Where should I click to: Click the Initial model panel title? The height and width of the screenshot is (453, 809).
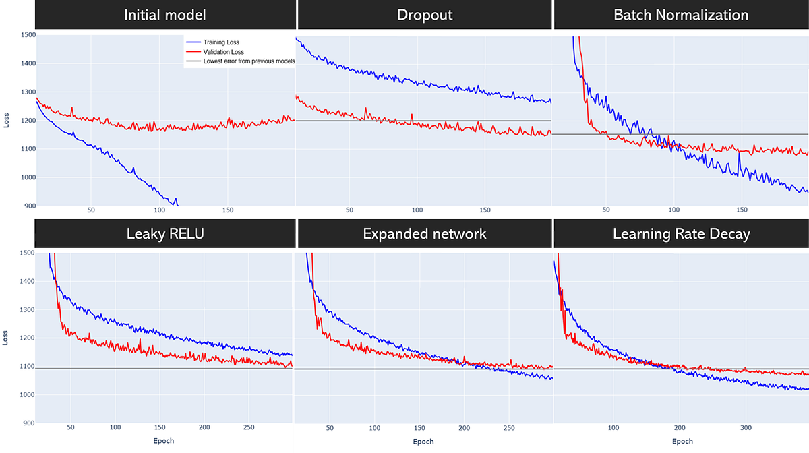[x=164, y=15]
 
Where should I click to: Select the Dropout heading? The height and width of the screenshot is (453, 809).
[x=425, y=15]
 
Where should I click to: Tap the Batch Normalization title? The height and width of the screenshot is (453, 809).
[x=681, y=15]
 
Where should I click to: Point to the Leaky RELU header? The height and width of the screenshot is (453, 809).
[x=164, y=234]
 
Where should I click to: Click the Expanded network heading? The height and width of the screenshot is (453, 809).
[x=425, y=234]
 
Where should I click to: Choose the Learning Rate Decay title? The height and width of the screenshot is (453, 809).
[x=681, y=234]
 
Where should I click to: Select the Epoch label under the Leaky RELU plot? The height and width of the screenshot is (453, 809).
[x=163, y=442]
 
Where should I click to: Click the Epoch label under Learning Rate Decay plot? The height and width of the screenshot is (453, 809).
[x=682, y=442]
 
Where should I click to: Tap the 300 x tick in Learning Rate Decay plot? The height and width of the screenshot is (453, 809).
[x=745, y=427]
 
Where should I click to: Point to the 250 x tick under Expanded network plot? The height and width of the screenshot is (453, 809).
[x=508, y=427]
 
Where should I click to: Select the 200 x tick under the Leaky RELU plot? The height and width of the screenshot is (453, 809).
[x=204, y=427]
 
